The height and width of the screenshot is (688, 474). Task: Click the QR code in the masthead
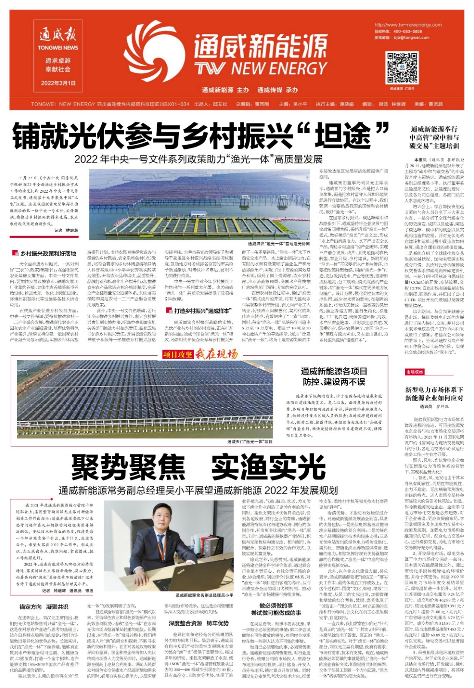[x=402, y=68]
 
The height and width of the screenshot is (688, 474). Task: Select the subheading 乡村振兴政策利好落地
[x=48, y=254]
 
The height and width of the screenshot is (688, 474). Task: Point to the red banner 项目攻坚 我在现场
[x=199, y=354]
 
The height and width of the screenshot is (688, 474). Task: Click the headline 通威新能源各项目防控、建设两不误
[x=334, y=376]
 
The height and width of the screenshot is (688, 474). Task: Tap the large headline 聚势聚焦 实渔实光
[x=199, y=467]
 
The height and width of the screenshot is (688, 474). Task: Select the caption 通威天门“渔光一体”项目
[x=250, y=441]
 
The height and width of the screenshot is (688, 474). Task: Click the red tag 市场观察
[x=414, y=372]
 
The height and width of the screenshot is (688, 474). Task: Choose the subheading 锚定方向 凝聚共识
[x=44, y=607]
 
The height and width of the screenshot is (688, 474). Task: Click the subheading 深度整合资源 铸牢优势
[x=199, y=623]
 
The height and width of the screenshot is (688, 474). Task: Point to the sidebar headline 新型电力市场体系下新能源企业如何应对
[x=434, y=394]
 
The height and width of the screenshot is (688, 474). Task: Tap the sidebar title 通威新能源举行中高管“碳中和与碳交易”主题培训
[x=434, y=137]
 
